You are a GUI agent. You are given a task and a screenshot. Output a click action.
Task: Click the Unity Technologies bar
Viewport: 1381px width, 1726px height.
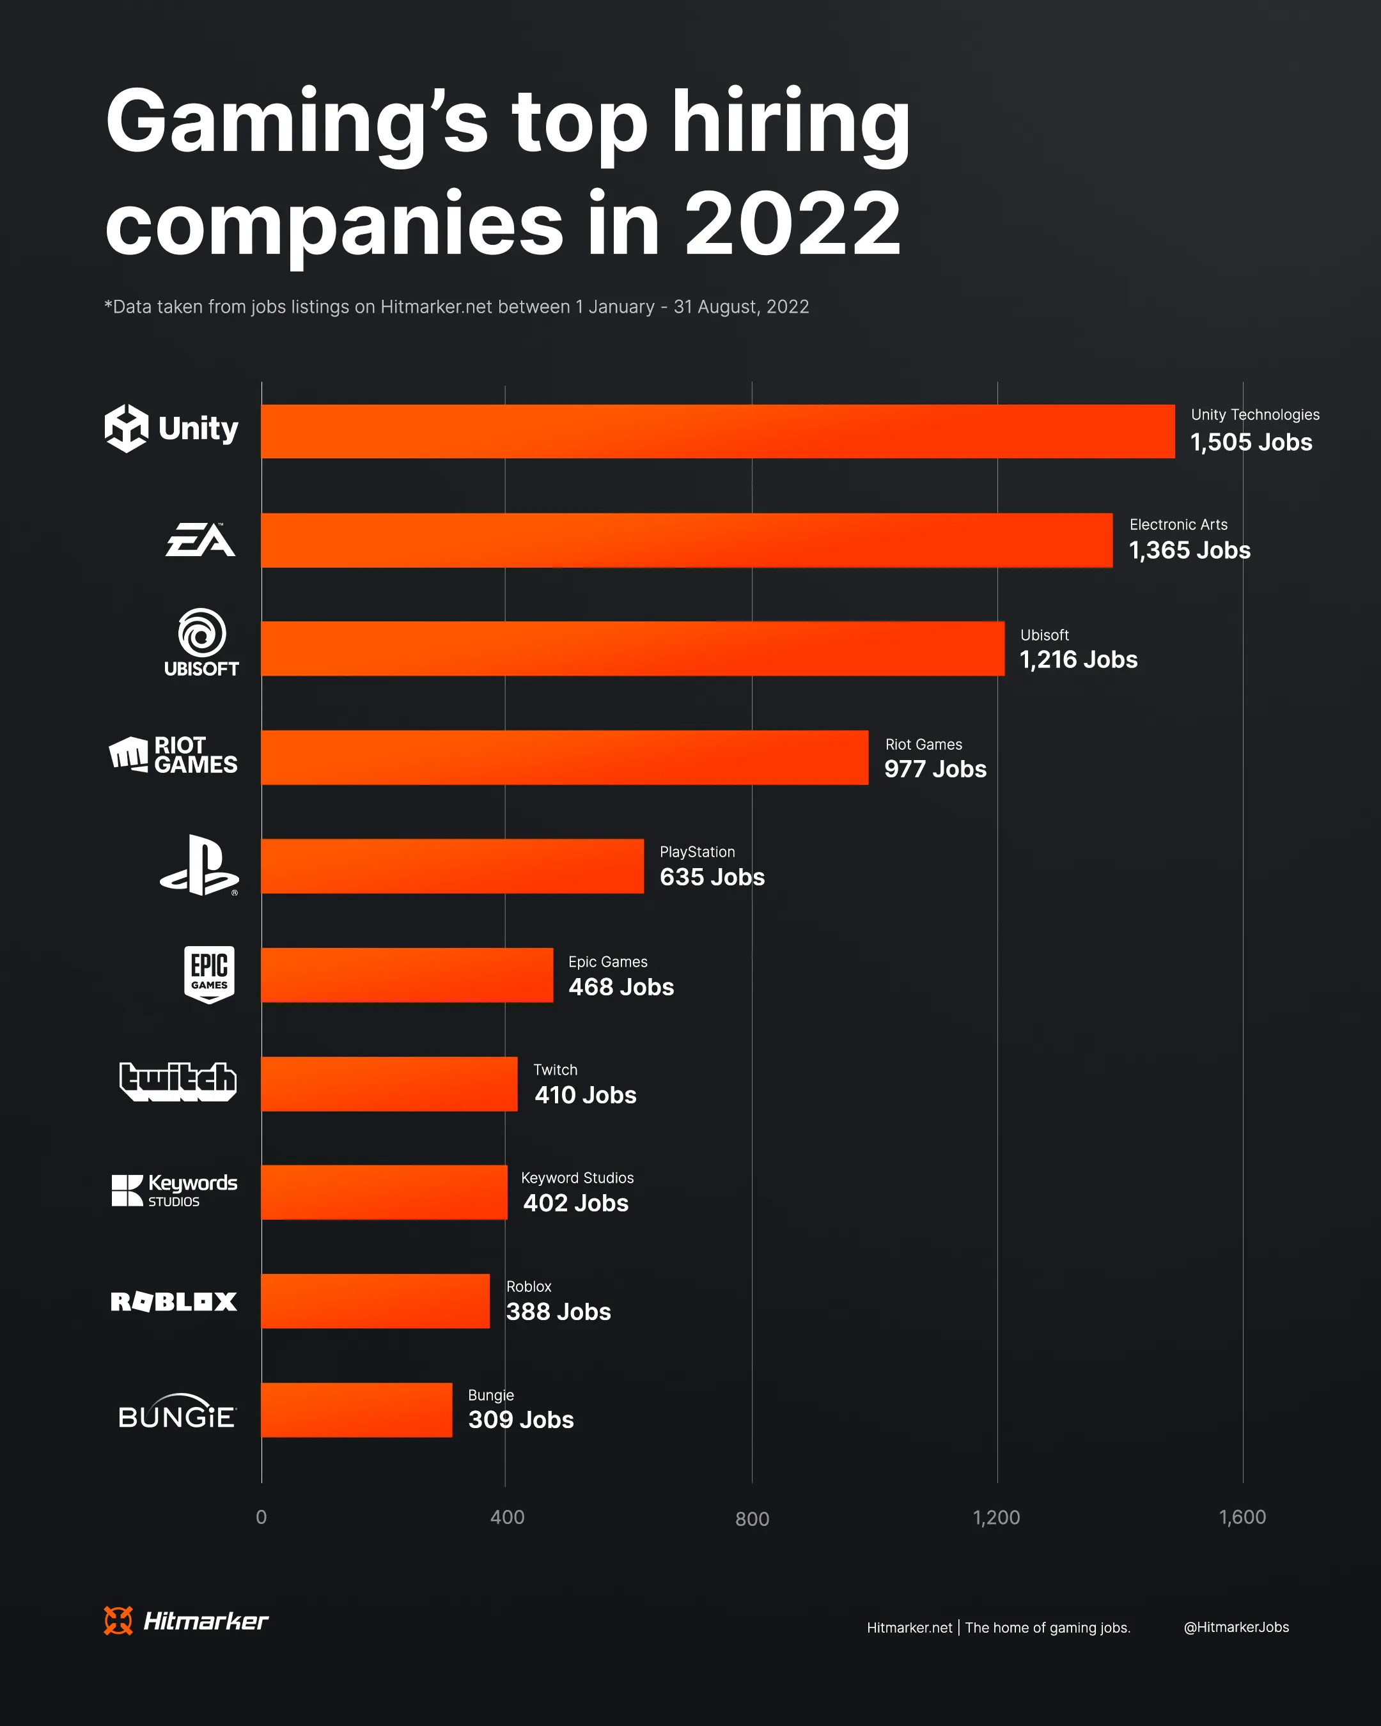tap(717, 432)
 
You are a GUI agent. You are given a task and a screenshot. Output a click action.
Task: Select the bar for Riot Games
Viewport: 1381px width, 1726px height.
tap(565, 758)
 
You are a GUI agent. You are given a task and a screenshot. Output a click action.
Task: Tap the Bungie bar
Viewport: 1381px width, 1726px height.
tap(356, 1410)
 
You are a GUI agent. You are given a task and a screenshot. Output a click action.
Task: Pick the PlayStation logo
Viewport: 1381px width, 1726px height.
tap(199, 866)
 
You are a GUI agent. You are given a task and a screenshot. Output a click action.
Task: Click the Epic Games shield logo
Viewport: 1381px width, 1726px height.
tap(209, 974)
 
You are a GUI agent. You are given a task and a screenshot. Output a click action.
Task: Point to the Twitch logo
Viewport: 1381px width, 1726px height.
tap(178, 1082)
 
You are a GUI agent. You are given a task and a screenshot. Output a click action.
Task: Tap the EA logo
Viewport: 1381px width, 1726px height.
tap(200, 540)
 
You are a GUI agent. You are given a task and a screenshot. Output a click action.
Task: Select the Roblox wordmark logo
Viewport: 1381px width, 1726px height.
tap(174, 1302)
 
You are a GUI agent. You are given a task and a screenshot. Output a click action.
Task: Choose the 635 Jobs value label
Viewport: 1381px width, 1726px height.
tap(712, 878)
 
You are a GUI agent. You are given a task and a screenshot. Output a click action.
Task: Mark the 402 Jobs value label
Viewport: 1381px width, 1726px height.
tap(575, 1203)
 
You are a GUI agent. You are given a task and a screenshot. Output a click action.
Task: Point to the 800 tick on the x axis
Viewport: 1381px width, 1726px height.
tap(752, 1519)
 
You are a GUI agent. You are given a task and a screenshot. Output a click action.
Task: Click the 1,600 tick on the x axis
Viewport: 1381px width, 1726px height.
tap(1242, 1517)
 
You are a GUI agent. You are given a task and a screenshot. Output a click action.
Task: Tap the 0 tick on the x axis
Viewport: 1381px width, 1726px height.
tap(261, 1517)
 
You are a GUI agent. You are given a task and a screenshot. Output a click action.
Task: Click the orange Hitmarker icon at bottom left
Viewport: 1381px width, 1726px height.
tap(118, 1621)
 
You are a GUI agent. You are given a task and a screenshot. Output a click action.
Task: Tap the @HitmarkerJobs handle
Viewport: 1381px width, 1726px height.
tap(1235, 1627)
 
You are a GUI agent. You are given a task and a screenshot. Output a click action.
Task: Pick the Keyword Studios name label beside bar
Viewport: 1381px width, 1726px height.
tap(577, 1178)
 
